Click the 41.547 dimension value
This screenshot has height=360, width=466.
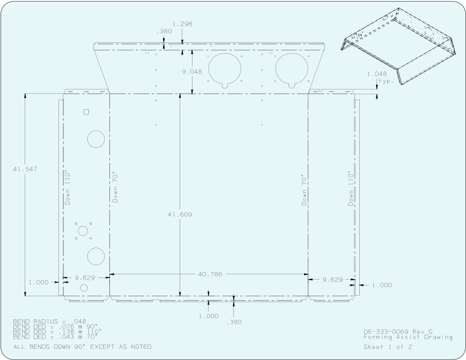pyautogui.click(x=25, y=169)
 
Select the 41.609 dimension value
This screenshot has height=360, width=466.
pyautogui.click(x=180, y=214)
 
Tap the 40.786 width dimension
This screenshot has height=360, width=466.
pyautogui.click(x=210, y=274)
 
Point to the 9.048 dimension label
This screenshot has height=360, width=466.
pyautogui.click(x=192, y=72)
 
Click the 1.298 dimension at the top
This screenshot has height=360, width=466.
pyautogui.click(x=182, y=24)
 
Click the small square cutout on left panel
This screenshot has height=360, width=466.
pyautogui.click(x=86, y=112)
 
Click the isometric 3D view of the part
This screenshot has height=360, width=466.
pyautogui.click(x=398, y=46)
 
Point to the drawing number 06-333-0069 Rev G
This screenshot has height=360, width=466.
pyautogui.click(x=398, y=332)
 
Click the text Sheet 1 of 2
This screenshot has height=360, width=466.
pyautogui.click(x=388, y=347)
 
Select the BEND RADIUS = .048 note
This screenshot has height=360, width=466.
pyautogui.click(x=50, y=321)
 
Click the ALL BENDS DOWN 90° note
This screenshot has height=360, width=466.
pyautogui.click(x=83, y=347)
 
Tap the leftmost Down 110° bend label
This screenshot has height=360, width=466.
pyautogui.click(x=68, y=188)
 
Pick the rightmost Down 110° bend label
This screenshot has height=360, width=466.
pyautogui.click(x=351, y=189)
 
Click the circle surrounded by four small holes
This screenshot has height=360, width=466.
pyautogui.click(x=83, y=231)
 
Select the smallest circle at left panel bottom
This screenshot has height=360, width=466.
pyautogui.click(x=84, y=288)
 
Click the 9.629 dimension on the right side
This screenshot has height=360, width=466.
pyautogui.click(x=332, y=280)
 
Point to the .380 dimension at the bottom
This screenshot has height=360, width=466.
pyautogui.click(x=234, y=322)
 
